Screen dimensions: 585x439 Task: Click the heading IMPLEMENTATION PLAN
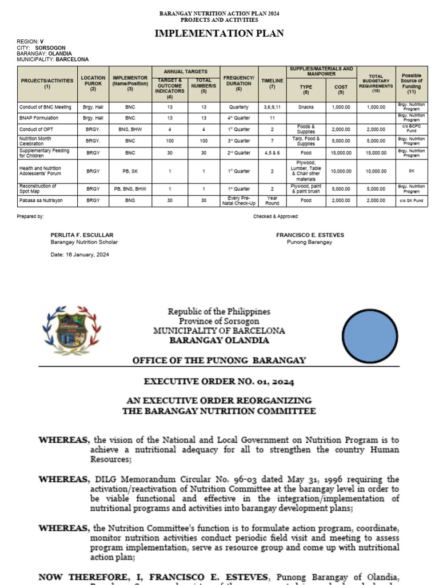(219, 34)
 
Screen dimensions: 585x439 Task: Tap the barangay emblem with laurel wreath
(72, 330)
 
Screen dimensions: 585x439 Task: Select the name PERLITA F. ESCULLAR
(82, 235)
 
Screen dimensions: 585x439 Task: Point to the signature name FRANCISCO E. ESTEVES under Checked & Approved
(308, 235)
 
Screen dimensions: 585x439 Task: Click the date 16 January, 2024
(79, 254)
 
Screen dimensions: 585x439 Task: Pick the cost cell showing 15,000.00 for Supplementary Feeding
(340, 153)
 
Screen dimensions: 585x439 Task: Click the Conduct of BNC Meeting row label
(45, 107)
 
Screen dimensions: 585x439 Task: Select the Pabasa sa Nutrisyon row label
(41, 201)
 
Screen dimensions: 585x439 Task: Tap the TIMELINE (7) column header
(272, 83)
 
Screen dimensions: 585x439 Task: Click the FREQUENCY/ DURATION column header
(238, 83)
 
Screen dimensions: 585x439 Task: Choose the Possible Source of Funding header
(412, 83)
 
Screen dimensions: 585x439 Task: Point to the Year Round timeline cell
(272, 201)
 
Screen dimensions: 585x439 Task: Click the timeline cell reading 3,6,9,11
(272, 107)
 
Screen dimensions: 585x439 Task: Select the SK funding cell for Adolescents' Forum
(412, 171)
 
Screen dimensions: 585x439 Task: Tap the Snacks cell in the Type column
(306, 107)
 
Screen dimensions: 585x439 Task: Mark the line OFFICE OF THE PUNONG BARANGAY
(219, 360)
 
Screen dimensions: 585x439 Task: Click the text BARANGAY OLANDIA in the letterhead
(219, 340)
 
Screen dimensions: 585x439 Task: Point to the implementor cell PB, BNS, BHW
(130, 189)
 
